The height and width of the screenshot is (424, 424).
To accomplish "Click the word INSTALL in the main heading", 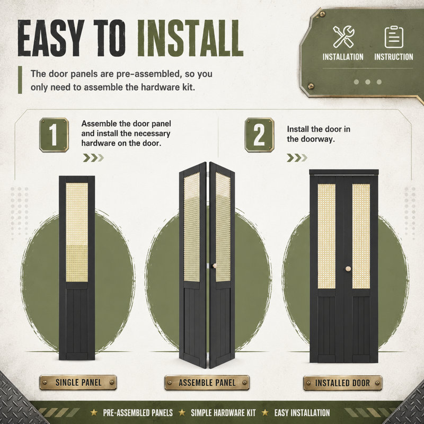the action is point(190,38).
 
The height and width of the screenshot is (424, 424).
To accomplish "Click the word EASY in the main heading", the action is point(51,38).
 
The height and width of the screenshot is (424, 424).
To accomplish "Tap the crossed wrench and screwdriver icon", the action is point(343,37).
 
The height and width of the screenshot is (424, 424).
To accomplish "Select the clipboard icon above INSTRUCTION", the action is point(394,37).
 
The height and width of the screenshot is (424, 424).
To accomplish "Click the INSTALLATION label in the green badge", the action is point(343,57).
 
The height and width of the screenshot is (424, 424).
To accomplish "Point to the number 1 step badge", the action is point(54,135).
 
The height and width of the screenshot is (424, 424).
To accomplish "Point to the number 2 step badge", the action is point(259,135).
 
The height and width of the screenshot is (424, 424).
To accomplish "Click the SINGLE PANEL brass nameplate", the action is point(78,382).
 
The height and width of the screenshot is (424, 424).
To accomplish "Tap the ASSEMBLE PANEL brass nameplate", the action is point(207,383).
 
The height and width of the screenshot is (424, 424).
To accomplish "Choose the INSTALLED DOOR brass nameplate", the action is point(342,383).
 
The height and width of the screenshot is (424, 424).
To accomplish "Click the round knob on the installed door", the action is point(348,269).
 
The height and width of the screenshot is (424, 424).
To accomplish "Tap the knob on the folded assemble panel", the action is point(215,266).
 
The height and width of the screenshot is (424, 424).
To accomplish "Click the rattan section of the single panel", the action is point(77,233).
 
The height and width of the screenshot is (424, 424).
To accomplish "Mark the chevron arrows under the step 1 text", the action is point(93,157).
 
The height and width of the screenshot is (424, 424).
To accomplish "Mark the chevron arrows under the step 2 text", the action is point(297,157).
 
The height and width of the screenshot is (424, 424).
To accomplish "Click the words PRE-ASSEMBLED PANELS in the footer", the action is point(138,413).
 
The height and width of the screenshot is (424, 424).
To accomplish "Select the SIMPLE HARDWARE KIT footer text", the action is point(223,413).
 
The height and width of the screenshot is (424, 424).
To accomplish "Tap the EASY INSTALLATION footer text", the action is point(302,413).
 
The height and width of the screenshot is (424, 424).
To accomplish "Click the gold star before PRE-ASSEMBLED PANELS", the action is point(94,412).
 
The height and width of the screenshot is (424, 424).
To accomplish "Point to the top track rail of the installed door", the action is point(344,172).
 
